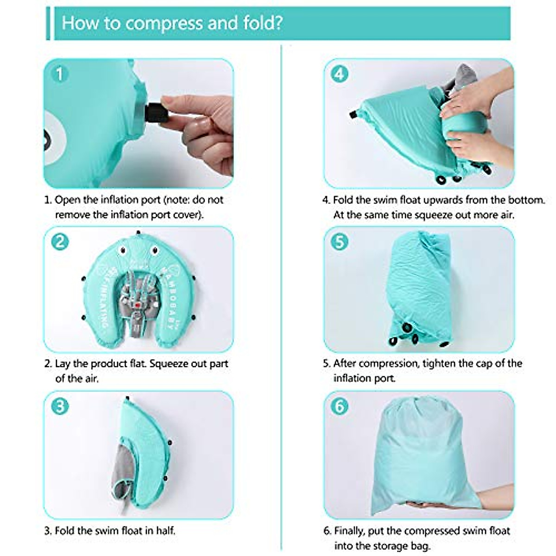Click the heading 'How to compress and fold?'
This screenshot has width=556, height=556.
172,23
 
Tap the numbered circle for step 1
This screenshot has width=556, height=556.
59,74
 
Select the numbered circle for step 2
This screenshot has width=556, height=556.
60,241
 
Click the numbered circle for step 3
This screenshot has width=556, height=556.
60,406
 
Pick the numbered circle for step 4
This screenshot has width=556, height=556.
340,74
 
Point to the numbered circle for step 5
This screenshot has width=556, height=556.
340,241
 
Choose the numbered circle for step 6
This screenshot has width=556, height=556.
340,406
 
